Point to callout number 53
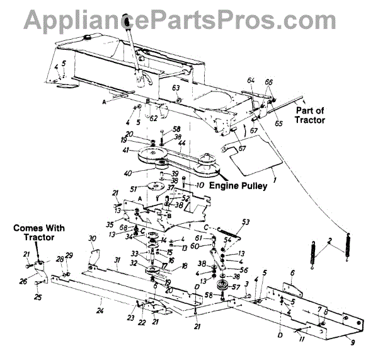tap(245, 221)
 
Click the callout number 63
tap(176, 87)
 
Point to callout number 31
tap(117, 260)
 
